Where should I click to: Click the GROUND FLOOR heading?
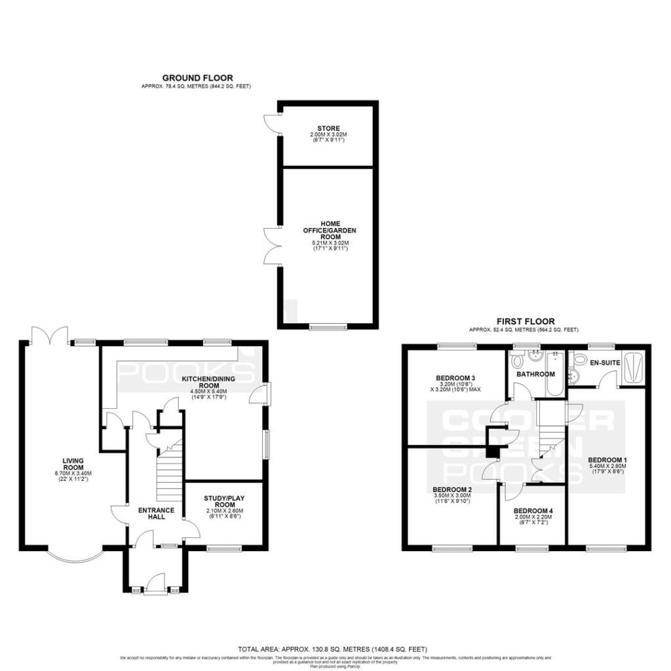(x=197, y=78)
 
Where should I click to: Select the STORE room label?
(x=328, y=128)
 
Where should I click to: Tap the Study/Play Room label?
(x=225, y=500)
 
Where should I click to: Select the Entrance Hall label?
(x=156, y=513)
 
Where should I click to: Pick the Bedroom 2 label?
(x=452, y=489)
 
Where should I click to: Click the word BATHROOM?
(x=535, y=374)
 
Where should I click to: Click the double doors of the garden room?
(x=271, y=246)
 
